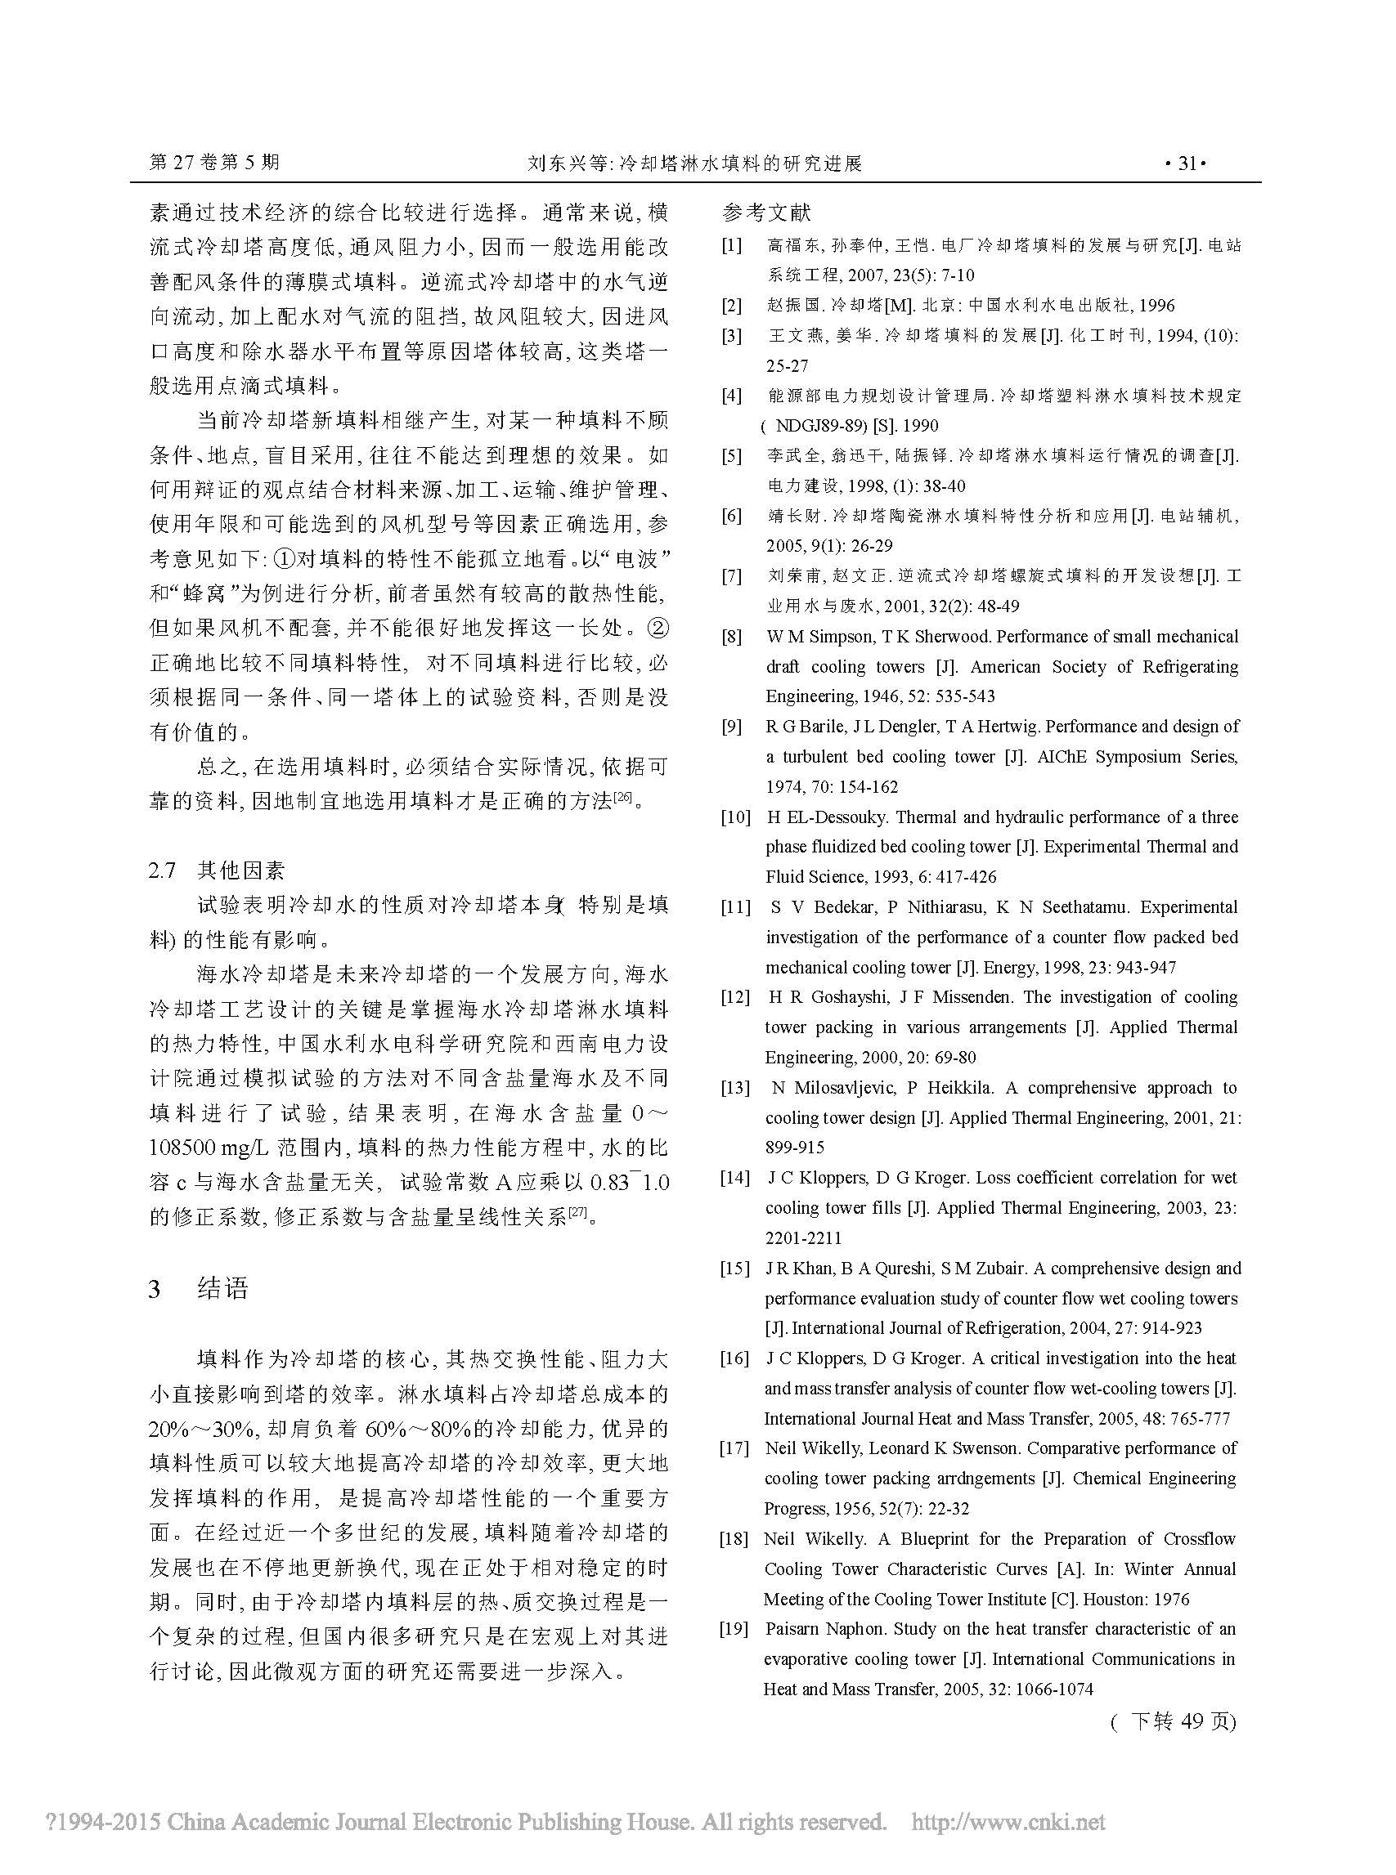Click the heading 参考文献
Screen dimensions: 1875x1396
[x=765, y=212]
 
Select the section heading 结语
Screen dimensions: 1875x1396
[x=223, y=1289]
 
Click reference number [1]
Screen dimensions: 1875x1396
[x=731, y=246]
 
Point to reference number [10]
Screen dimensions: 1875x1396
[x=734, y=817]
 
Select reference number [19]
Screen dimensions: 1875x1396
[x=734, y=1628]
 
